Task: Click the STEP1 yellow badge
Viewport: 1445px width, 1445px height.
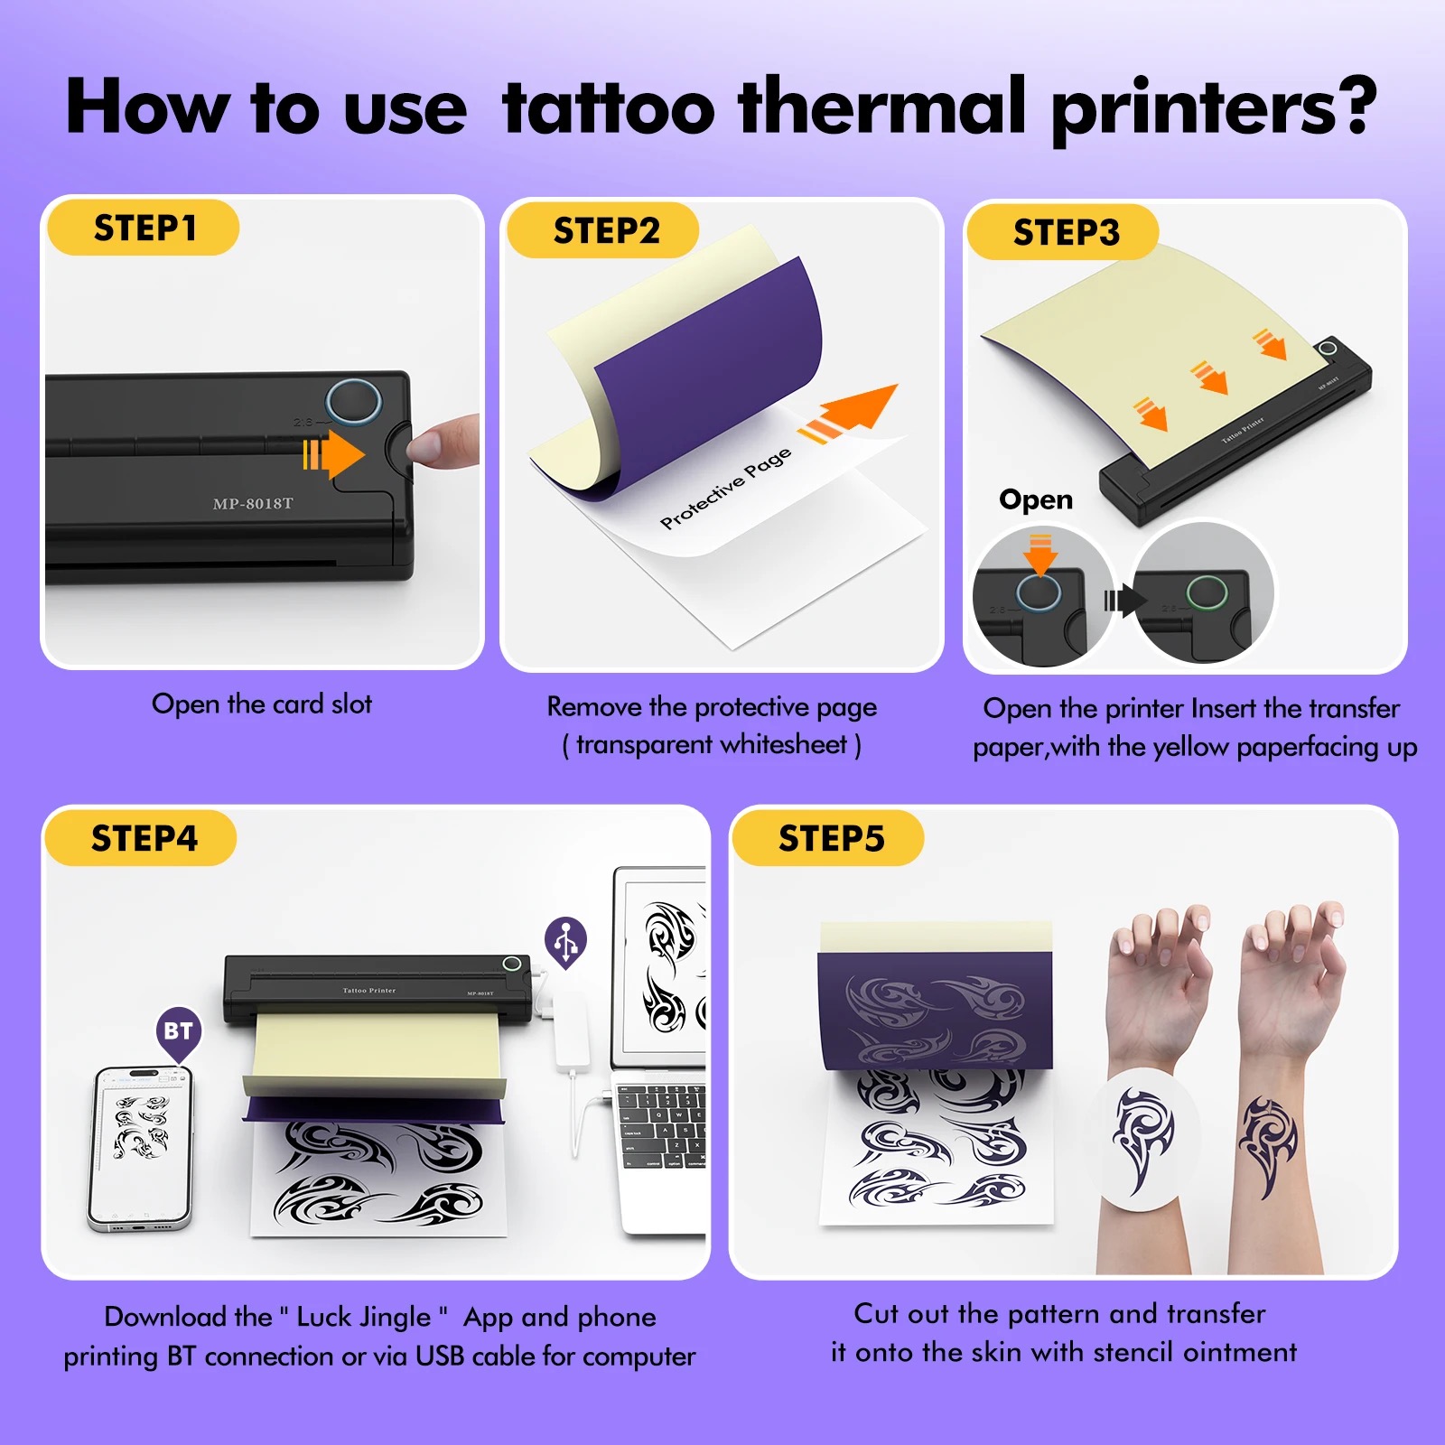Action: (x=143, y=228)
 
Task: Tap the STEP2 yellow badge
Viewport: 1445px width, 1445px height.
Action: (x=602, y=230)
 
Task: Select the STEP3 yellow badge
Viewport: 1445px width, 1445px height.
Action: (x=1062, y=232)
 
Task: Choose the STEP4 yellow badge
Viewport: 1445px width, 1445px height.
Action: (x=141, y=838)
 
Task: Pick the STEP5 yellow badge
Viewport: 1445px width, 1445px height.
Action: (x=828, y=838)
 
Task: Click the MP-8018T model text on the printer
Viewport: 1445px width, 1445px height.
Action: (x=253, y=504)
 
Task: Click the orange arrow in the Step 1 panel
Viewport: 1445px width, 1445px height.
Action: (x=333, y=453)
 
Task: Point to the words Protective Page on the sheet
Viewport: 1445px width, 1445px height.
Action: (x=725, y=488)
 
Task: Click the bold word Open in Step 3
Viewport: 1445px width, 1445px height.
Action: (x=1036, y=499)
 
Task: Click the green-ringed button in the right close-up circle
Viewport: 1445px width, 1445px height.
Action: (x=1207, y=593)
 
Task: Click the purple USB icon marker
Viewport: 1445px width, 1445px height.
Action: (x=566, y=942)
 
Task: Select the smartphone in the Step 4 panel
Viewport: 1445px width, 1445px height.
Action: (x=140, y=1148)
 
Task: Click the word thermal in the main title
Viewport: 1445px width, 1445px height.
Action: (x=882, y=107)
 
